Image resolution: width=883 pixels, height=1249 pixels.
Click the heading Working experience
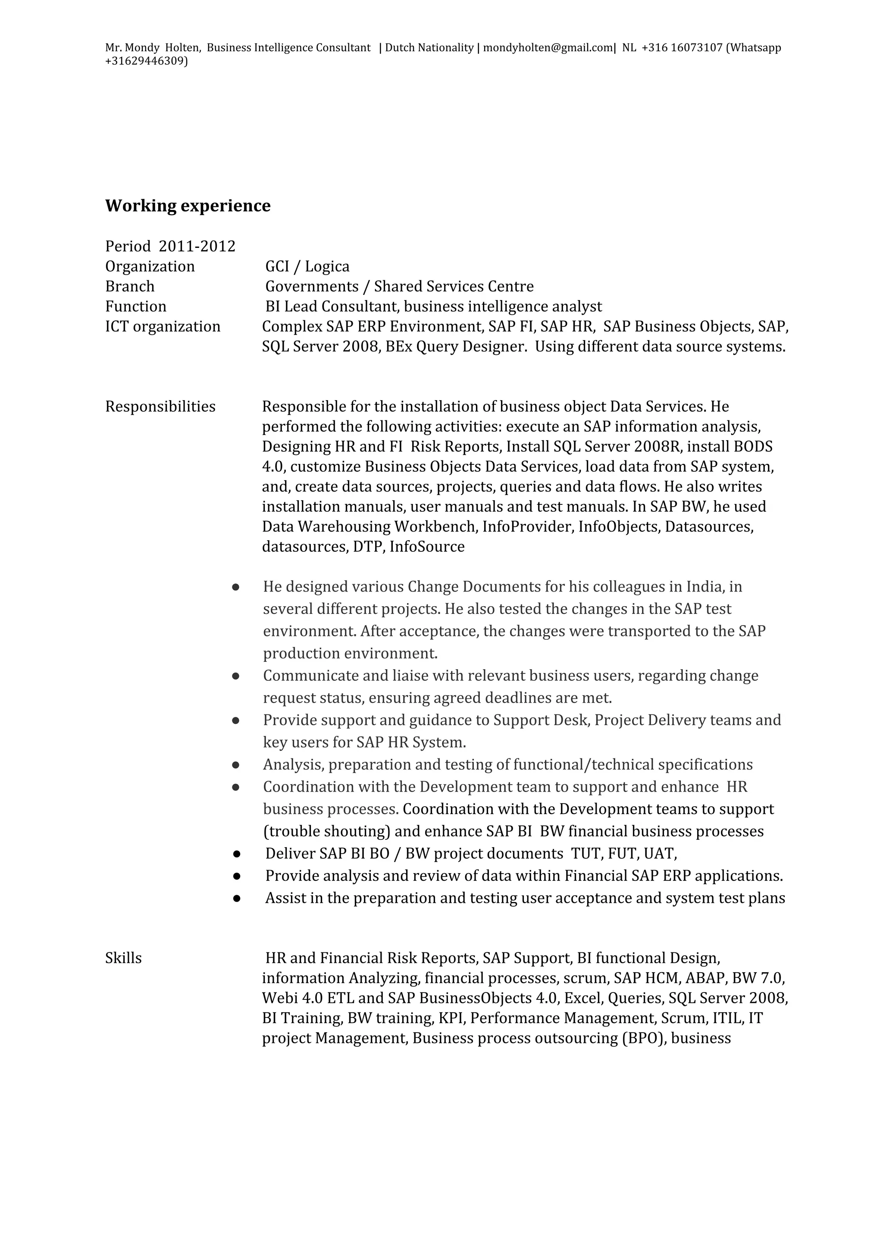(188, 206)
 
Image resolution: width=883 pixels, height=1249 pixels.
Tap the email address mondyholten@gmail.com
(548, 47)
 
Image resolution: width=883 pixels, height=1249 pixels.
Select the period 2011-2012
(197, 247)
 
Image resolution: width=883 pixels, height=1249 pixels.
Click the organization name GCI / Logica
(307, 266)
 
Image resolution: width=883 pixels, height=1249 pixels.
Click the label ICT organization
(163, 326)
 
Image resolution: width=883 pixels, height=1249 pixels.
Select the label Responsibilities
(160, 407)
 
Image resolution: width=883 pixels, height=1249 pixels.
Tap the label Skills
(123, 958)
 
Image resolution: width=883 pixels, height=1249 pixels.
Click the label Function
(135, 306)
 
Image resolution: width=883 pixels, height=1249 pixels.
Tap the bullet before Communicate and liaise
(235, 676)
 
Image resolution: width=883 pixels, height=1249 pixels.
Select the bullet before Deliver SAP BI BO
(236, 854)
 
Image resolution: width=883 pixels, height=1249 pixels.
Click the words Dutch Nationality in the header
(429, 47)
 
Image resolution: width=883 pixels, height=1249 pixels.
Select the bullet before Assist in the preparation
(236, 898)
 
